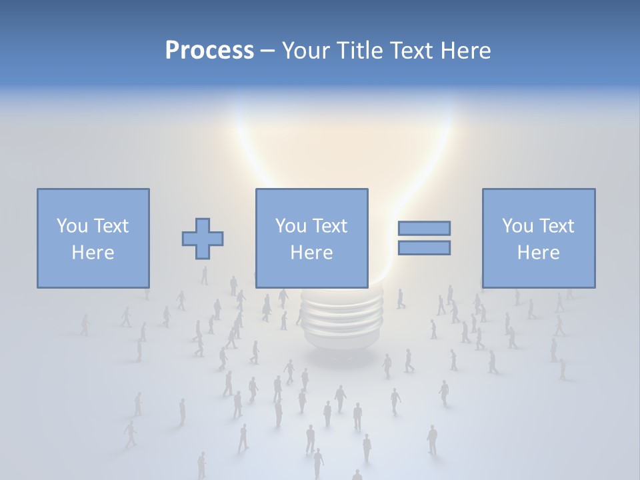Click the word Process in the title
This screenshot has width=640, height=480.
tap(209, 51)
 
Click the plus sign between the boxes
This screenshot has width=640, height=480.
tap(203, 239)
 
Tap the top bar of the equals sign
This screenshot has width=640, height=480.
tap(424, 228)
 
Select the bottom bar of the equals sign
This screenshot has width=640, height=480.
tap(424, 247)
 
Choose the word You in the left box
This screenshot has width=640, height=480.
tap(71, 226)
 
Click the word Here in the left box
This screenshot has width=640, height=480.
tap(93, 253)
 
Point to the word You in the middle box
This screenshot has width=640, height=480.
tap(290, 226)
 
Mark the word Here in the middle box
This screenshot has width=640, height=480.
tap(311, 253)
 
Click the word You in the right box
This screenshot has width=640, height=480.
tap(517, 226)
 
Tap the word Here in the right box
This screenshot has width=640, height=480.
tap(538, 253)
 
